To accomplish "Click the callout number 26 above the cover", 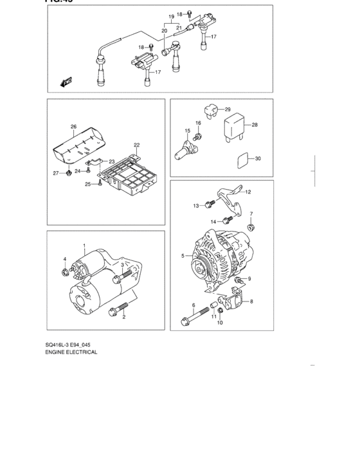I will coord(74,127).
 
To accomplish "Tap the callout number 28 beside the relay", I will coord(255,125).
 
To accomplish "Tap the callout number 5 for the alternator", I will coord(183,256).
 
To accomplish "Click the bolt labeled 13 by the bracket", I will coord(209,205).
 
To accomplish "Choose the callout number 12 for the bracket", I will coord(248,192).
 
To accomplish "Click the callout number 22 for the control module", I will coord(136,145).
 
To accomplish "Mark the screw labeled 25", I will coord(101,184).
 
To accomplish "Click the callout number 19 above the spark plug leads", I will coord(172,15).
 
